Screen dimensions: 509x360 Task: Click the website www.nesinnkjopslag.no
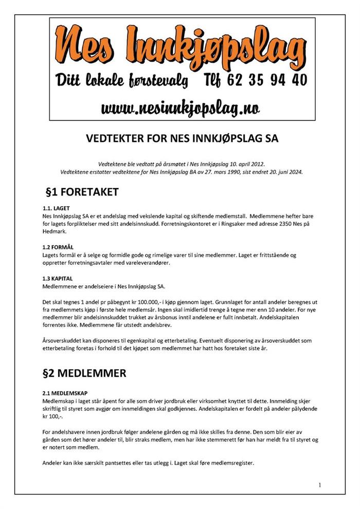tap(180, 108)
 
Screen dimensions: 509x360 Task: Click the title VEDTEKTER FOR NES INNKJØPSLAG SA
tap(179, 138)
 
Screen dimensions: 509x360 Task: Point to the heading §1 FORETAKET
tap(82, 192)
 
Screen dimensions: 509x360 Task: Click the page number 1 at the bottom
tap(319, 485)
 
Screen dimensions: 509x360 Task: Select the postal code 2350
tap(297, 224)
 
